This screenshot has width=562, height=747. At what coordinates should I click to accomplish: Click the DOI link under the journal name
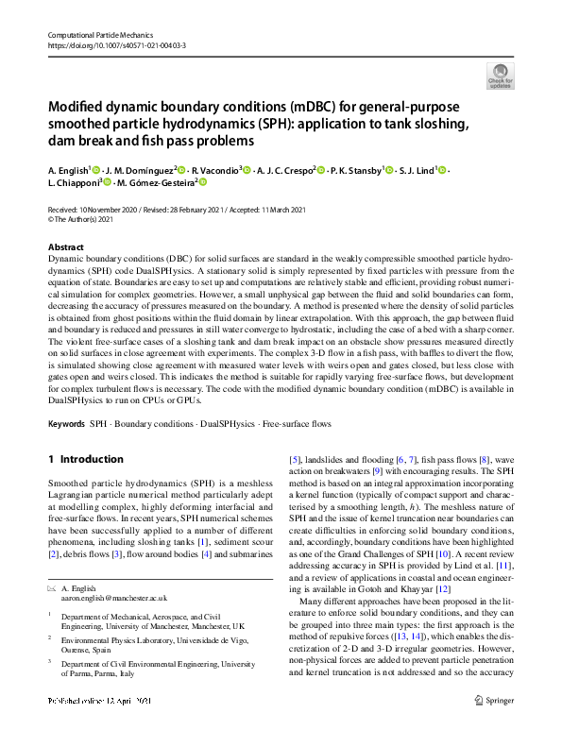coord(116,45)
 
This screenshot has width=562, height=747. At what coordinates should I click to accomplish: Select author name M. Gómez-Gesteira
coord(158,183)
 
